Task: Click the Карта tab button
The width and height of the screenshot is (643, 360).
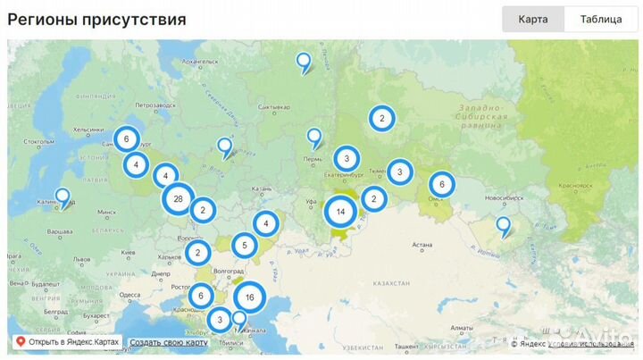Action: (532, 19)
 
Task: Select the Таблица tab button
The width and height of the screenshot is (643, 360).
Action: (601, 19)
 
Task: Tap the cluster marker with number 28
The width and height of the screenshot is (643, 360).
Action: (179, 199)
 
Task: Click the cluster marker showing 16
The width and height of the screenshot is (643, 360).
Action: (250, 298)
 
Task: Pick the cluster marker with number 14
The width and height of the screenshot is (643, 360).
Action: (340, 213)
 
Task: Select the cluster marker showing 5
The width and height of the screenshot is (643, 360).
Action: (245, 245)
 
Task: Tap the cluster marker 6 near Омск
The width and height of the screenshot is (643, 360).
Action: (441, 185)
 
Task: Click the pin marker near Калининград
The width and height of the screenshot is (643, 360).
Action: (63, 196)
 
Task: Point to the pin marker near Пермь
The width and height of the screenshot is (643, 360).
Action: (313, 137)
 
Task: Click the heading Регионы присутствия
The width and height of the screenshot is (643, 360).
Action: (97, 19)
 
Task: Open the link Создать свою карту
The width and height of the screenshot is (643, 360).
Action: (169, 342)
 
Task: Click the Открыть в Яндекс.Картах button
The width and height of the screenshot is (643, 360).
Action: (66, 342)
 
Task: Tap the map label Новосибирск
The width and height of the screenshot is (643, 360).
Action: (497, 196)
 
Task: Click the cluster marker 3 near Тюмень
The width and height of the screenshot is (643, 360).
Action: (400, 172)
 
